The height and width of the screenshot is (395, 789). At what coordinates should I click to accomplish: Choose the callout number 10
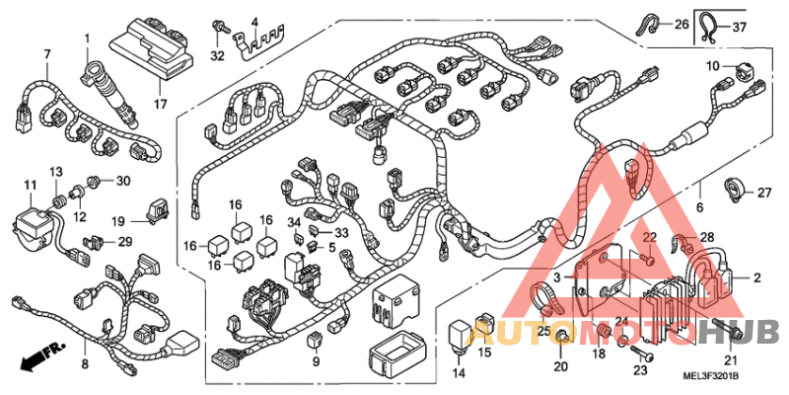[713, 66]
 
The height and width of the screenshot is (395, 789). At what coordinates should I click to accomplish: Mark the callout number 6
[700, 208]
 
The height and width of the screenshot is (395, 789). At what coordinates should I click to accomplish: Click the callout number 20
[560, 367]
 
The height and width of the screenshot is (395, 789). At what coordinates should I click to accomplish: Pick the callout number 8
[84, 366]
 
